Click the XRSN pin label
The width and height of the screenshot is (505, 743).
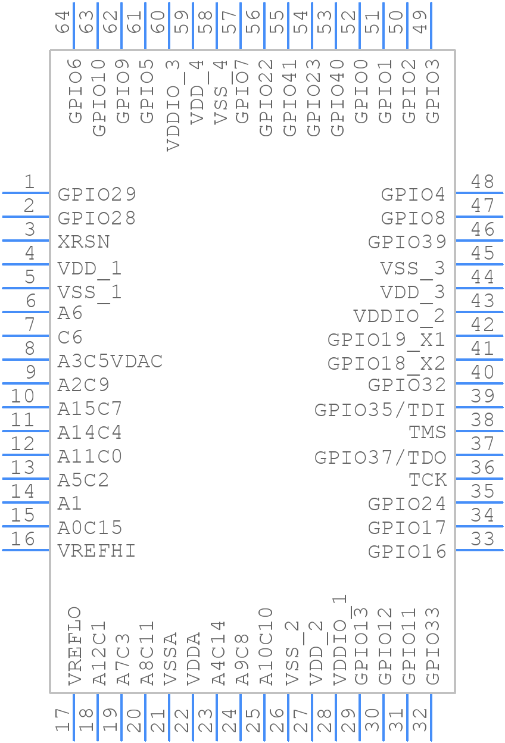(x=83, y=242)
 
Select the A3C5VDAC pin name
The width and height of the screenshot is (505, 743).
(x=110, y=361)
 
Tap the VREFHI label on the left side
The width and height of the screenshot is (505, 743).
(x=96, y=551)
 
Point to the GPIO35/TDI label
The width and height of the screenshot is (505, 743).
(x=380, y=410)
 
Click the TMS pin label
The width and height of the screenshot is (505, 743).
(x=428, y=432)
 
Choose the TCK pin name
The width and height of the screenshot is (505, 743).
(x=428, y=480)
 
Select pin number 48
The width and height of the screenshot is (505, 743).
(x=482, y=182)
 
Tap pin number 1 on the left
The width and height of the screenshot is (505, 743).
(x=30, y=182)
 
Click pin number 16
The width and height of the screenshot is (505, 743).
(x=23, y=539)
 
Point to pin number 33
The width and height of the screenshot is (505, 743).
(x=482, y=539)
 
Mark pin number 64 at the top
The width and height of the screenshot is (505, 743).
(x=63, y=22)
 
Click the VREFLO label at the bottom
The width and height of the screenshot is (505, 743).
(x=75, y=646)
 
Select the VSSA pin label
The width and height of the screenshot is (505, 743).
(x=170, y=659)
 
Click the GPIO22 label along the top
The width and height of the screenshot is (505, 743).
(x=266, y=98)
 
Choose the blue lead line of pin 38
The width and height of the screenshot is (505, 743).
(x=480, y=431)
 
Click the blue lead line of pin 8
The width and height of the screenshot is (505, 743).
(x=26, y=359)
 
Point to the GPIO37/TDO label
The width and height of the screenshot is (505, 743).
(x=381, y=458)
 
